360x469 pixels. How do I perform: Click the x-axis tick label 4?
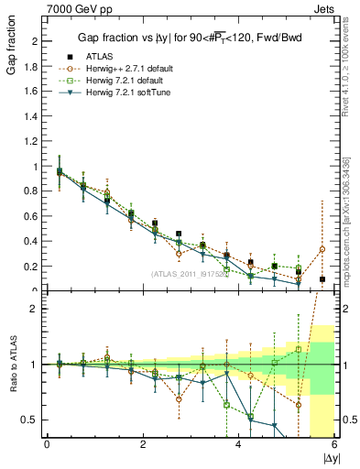click(x=239, y=444)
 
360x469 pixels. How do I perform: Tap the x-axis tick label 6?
click(x=334, y=444)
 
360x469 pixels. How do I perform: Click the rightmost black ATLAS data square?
click(x=322, y=278)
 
